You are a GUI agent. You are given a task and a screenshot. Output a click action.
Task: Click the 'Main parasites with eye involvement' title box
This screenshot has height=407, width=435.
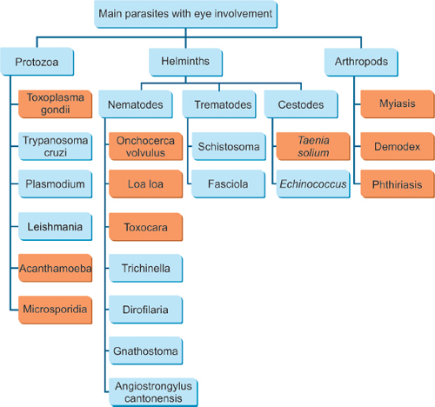pos(185,14)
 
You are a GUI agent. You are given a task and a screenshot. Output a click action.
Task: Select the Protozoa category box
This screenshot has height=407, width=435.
pos(37,62)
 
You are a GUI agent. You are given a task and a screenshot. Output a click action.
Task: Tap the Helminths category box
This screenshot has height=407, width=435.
pos(186,62)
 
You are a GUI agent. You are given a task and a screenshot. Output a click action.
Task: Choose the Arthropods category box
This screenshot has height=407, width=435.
pos(361,62)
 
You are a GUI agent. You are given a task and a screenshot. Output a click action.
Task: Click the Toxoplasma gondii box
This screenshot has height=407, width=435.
pos(56,104)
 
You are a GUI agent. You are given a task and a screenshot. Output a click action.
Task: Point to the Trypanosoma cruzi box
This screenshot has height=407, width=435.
pos(56,146)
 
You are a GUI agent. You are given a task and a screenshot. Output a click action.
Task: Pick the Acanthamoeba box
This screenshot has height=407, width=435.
pos(56,268)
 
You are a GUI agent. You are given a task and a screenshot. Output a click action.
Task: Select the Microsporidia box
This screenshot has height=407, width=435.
pos(56,310)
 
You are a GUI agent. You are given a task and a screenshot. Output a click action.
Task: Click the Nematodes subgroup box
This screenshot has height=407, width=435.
pos(136,104)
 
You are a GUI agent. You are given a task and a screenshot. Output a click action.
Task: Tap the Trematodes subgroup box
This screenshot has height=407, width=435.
pos(219,104)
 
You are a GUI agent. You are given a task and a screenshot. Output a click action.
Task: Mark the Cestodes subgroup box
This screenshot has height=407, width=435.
pos(301,104)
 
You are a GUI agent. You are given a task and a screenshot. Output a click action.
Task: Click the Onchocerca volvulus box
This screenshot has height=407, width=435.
pos(146,146)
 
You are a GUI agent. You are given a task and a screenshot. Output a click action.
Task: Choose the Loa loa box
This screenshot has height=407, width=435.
pos(146,184)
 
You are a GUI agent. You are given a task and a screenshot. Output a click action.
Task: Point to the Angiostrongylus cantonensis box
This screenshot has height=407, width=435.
pos(153,392)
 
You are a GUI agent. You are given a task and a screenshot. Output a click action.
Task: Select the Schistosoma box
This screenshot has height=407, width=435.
pos(229,146)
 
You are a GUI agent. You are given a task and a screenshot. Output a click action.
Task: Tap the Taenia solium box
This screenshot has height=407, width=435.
pos(313,146)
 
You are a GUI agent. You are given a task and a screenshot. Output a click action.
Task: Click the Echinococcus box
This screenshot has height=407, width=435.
pos(313,184)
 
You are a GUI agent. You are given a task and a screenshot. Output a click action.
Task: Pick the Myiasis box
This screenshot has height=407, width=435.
pos(398,104)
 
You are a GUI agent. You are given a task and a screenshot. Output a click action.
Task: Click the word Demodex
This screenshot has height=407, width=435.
pos(397,147)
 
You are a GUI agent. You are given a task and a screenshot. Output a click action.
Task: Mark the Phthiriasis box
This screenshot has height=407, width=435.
pos(398,184)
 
